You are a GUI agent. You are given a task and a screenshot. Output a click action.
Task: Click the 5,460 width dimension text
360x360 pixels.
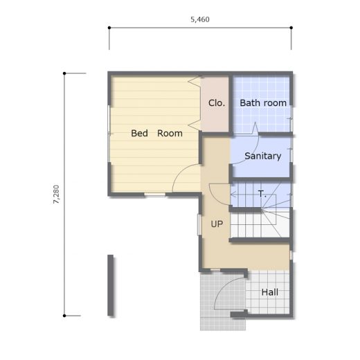pyautogui.click(x=200, y=19)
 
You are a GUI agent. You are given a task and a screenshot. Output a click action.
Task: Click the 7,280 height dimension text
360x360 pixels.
pyautogui.click(x=56, y=195)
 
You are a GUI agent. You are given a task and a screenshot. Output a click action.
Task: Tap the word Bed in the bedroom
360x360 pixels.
pyautogui.click(x=139, y=133)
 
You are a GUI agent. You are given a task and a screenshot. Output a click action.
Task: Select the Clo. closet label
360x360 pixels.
pyautogui.click(x=217, y=103)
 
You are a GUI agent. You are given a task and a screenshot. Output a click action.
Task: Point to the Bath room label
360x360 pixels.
pyautogui.click(x=263, y=103)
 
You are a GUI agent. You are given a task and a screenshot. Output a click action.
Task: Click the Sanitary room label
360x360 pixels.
pyautogui.click(x=263, y=156)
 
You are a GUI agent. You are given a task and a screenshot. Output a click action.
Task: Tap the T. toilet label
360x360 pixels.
pyautogui.click(x=262, y=194)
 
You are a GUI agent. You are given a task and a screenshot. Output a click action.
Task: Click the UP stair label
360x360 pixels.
pyautogui.click(x=217, y=224)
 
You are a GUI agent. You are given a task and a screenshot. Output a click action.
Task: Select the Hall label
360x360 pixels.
pyautogui.click(x=270, y=292)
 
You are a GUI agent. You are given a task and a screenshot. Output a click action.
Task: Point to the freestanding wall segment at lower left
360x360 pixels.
pyautogui.click(x=111, y=285)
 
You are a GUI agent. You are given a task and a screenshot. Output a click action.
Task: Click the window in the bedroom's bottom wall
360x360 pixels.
pyautogui.click(x=155, y=195)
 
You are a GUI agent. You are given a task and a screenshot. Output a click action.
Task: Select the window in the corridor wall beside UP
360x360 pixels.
pyautogui.click(x=199, y=225)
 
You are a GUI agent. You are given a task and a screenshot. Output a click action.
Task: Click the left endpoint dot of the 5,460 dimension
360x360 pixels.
pyautogui.click(x=109, y=28)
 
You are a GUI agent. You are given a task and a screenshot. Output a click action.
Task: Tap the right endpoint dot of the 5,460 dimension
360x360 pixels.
pyautogui.click(x=291, y=28)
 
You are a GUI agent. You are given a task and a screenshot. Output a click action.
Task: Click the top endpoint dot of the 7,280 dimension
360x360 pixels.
pyautogui.click(x=64, y=73)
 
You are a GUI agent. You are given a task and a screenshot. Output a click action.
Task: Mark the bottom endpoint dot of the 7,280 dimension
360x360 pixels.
pyautogui.click(x=64, y=316)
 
